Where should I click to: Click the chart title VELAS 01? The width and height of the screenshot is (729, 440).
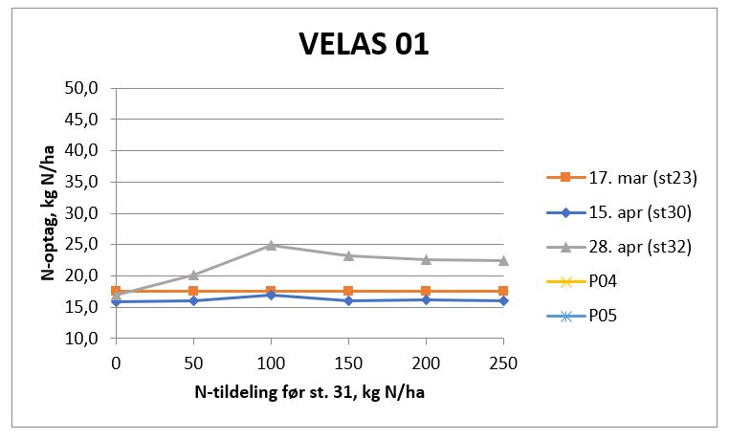tap(364, 44)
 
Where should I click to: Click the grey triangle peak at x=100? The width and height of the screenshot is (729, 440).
tap(271, 245)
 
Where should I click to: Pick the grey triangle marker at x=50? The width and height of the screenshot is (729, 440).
tap(193, 275)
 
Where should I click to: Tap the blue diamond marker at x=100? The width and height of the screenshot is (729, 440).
tap(271, 295)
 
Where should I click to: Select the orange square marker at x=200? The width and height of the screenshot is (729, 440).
tap(426, 291)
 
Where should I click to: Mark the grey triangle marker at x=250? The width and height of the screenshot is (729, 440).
tap(503, 260)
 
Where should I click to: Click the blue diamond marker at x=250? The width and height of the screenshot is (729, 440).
tap(503, 300)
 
